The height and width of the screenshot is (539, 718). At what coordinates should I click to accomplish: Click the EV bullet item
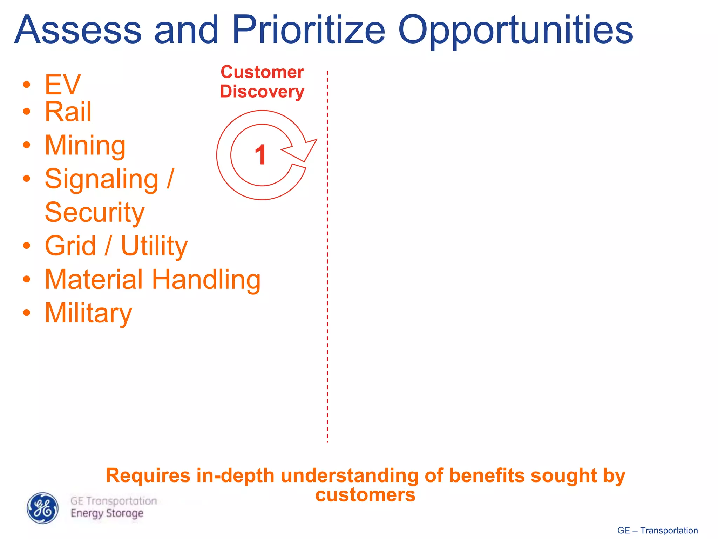pyautogui.click(x=62, y=85)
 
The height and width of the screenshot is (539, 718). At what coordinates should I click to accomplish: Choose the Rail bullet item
pyautogui.click(x=68, y=112)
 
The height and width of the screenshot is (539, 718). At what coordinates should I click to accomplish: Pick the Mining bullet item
pyautogui.click(x=85, y=146)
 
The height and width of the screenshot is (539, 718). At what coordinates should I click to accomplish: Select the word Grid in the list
pyautogui.click(x=70, y=246)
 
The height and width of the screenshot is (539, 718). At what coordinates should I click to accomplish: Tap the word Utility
pyautogui.click(x=154, y=246)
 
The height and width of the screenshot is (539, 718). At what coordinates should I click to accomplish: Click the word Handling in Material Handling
pyautogui.click(x=206, y=280)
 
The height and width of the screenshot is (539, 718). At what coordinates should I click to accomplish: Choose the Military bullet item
pyautogui.click(x=88, y=313)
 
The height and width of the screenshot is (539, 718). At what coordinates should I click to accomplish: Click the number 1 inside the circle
pyautogui.click(x=261, y=155)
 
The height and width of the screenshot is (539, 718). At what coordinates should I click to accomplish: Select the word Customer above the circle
pyautogui.click(x=262, y=72)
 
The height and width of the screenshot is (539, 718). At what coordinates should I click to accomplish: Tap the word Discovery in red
pyautogui.click(x=262, y=92)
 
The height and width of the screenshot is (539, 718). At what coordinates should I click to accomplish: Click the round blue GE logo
pyautogui.click(x=43, y=508)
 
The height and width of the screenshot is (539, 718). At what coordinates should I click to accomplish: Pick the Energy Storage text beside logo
pyautogui.click(x=107, y=513)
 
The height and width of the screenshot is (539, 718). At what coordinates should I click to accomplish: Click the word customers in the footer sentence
pyautogui.click(x=365, y=495)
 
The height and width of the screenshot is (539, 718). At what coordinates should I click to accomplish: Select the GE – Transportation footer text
pyautogui.click(x=657, y=530)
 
